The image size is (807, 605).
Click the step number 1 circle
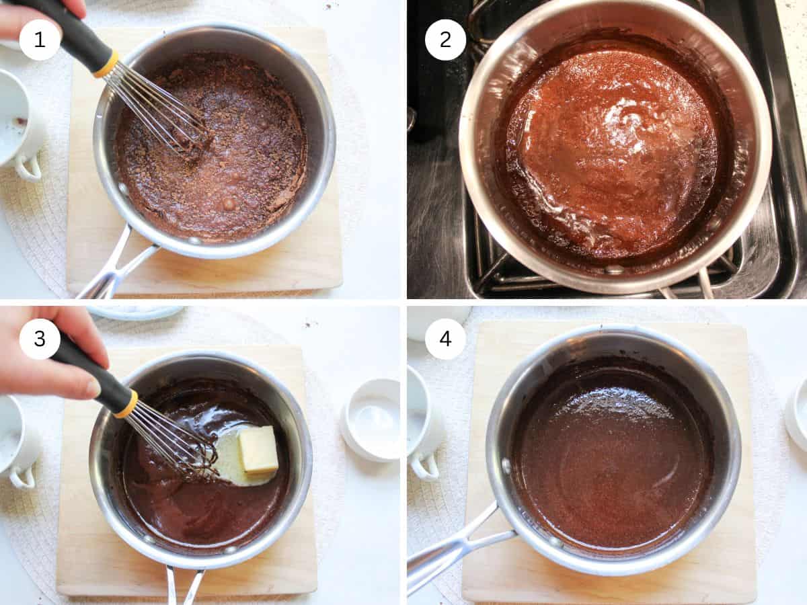[x=40, y=40]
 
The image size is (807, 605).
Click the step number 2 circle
[x=445, y=40]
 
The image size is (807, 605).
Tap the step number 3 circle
[x=40, y=339]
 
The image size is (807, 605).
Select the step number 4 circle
[x=445, y=339]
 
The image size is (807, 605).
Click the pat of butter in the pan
[x=258, y=450]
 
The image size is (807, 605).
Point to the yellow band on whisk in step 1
[x=106, y=65]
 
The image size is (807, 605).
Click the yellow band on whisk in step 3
[x=126, y=404]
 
